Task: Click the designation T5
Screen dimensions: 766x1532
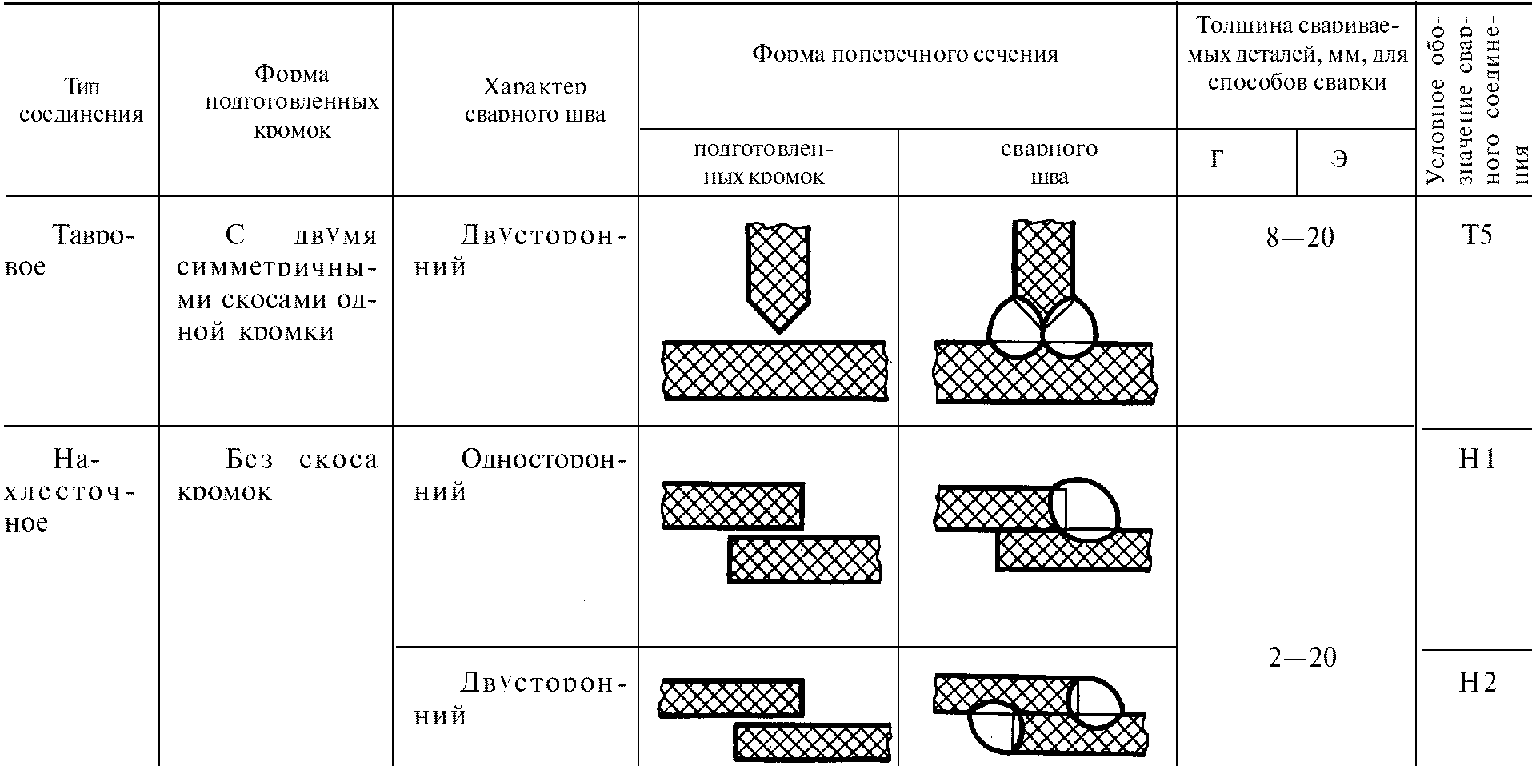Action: coord(1476,236)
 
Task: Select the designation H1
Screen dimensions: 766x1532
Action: coord(1476,459)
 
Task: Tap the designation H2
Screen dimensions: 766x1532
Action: coord(1476,682)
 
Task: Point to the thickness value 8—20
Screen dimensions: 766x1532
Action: coord(1300,238)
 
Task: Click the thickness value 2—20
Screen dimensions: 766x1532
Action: coord(1302,657)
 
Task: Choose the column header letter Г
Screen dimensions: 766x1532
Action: coord(1217,160)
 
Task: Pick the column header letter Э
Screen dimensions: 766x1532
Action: coord(1338,160)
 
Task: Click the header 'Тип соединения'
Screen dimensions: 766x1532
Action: coord(81,101)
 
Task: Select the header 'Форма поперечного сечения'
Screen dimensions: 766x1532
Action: coord(905,54)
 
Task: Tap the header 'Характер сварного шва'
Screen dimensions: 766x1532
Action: coord(534,101)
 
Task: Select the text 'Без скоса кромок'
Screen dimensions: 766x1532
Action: coord(277,475)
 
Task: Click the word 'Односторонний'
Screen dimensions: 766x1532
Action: coord(520,475)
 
